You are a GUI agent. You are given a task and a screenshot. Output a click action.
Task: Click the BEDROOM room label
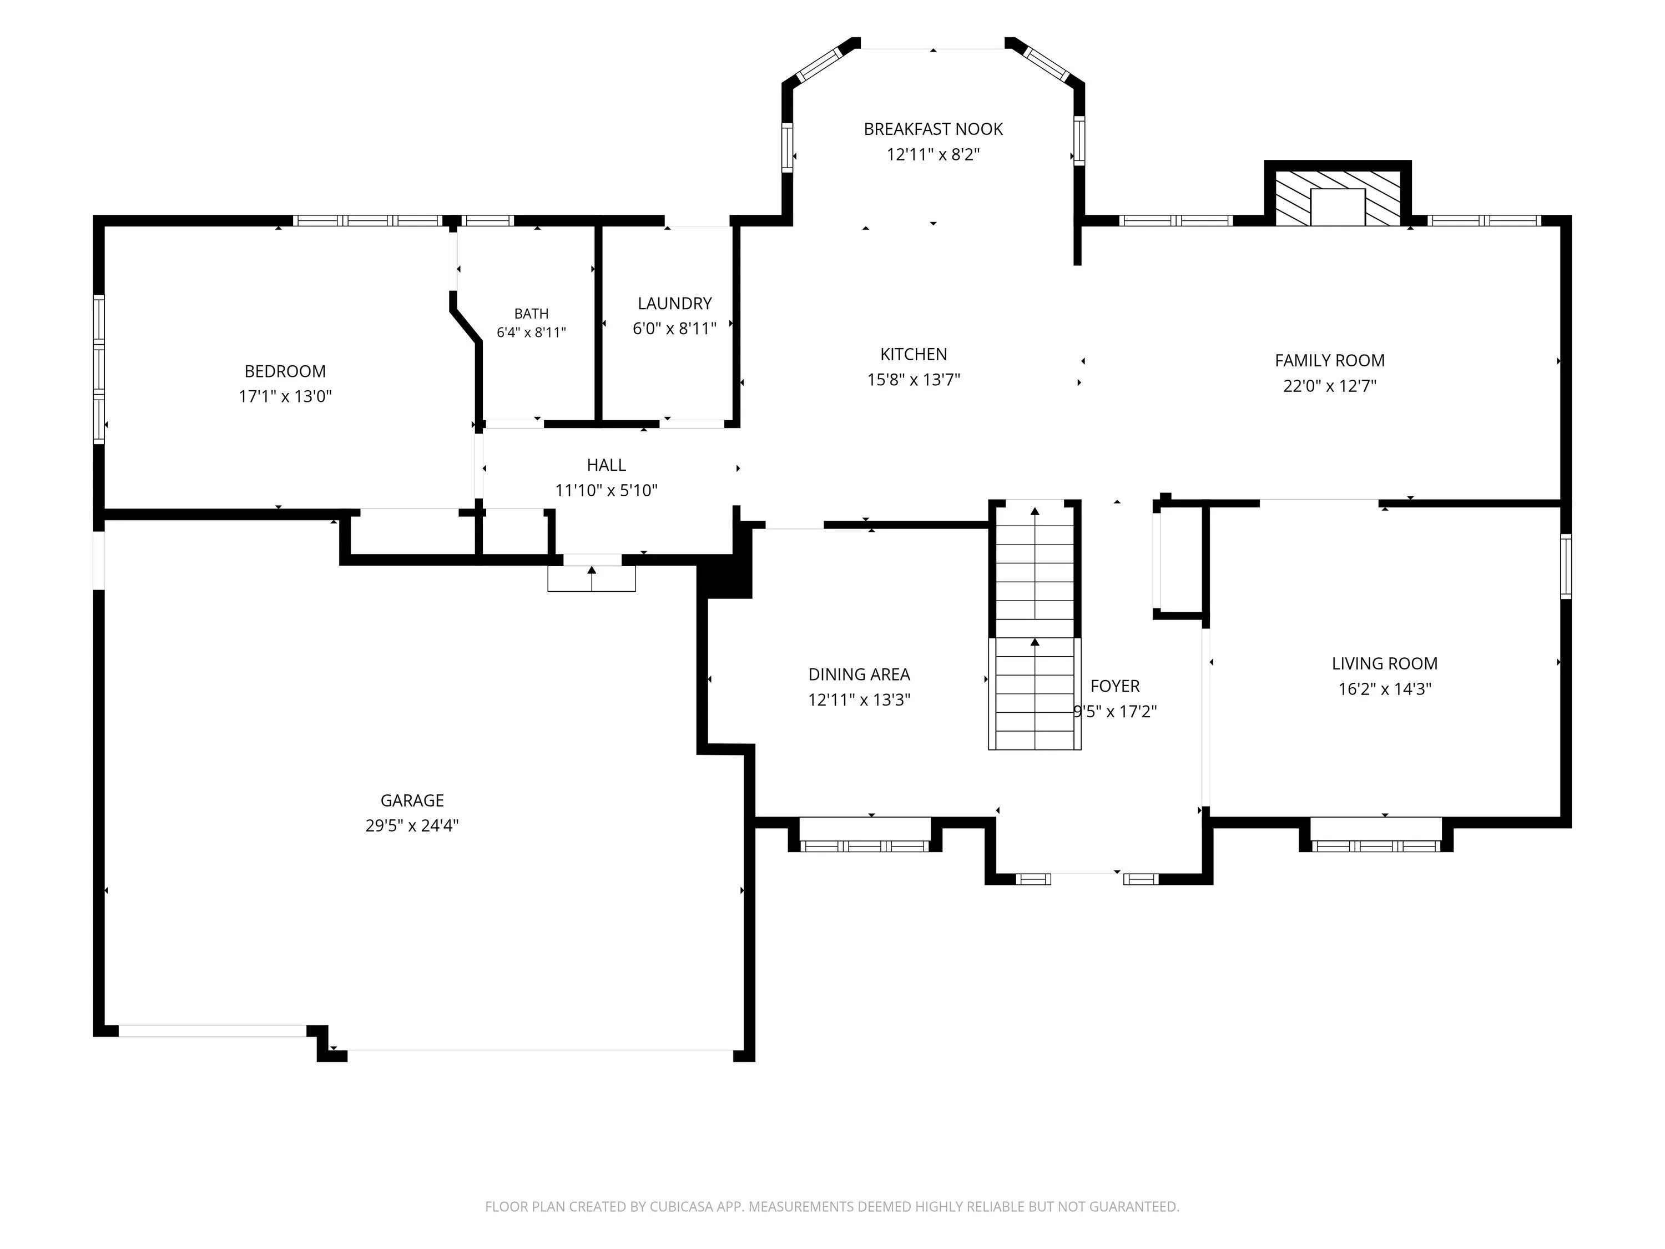(285, 371)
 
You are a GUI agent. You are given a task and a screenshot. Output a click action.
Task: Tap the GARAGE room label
(412, 800)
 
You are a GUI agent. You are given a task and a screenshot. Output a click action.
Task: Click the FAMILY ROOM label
(1329, 361)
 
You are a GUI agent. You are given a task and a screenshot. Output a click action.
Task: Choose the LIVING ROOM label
(1384, 664)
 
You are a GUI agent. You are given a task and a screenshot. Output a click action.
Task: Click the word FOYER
(1115, 686)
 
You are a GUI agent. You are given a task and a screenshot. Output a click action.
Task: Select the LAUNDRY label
(674, 304)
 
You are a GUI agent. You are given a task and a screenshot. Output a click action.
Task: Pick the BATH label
(532, 313)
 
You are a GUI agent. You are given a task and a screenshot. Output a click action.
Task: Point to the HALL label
(606, 465)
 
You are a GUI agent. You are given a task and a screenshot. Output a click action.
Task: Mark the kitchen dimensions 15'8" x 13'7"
(913, 380)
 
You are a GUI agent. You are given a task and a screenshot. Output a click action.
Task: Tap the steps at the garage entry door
(592, 578)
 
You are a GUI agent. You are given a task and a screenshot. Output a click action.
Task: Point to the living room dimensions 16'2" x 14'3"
(1384, 689)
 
